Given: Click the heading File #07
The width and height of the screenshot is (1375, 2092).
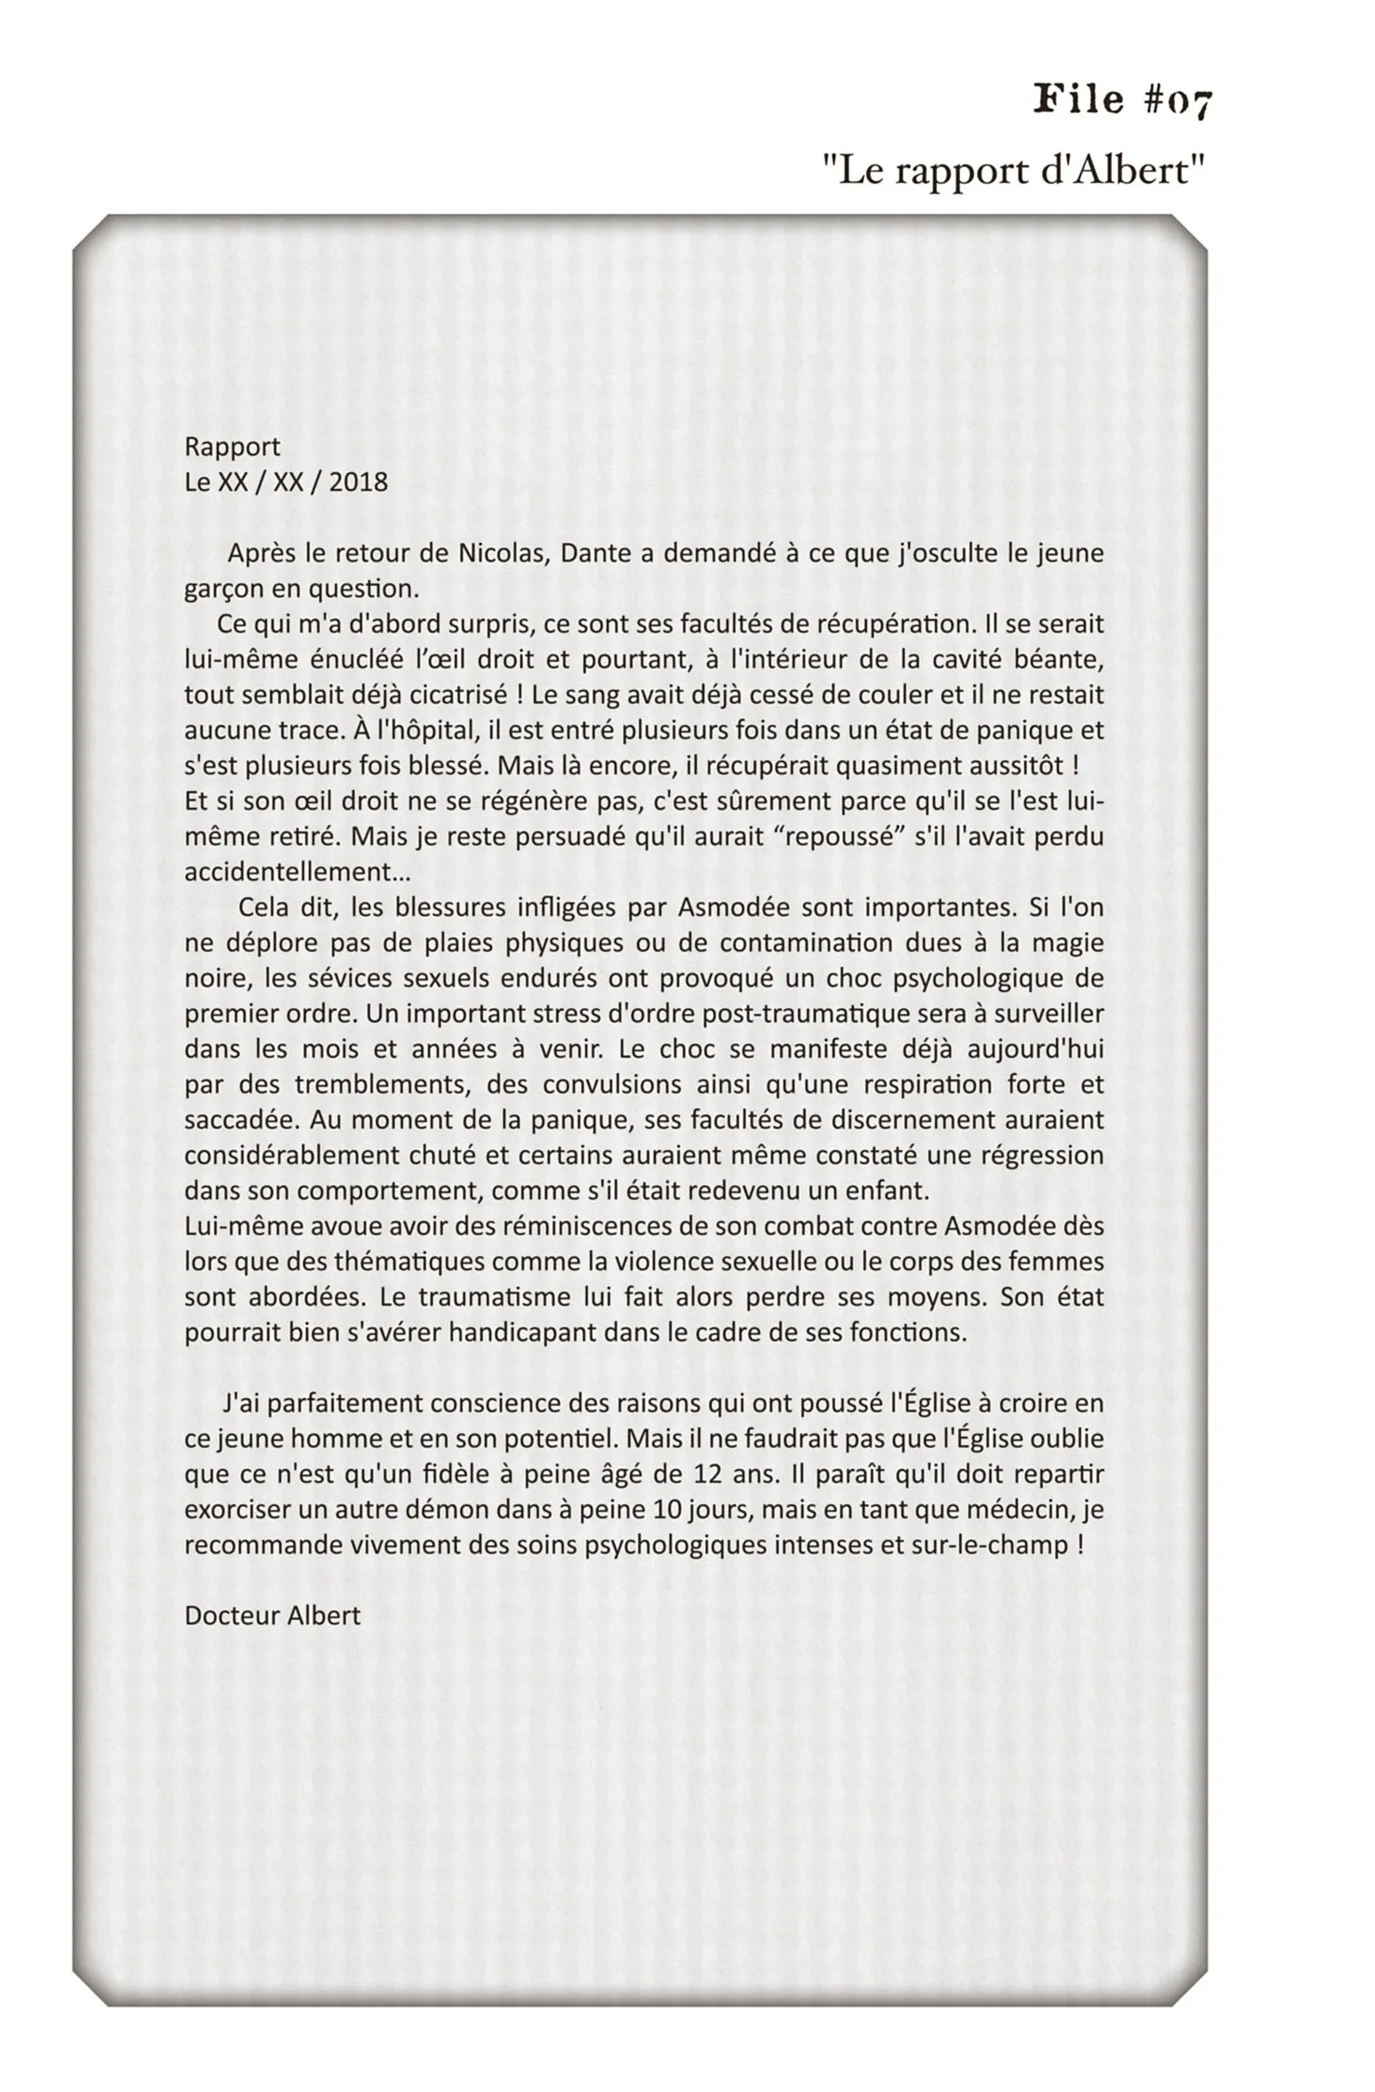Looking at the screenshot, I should [x=1123, y=100].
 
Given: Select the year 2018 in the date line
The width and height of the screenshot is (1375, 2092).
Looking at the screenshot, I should [x=358, y=483].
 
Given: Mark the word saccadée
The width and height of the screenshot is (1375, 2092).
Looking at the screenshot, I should [x=238, y=1120].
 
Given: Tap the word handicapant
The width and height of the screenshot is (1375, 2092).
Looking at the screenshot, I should [x=524, y=1332].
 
